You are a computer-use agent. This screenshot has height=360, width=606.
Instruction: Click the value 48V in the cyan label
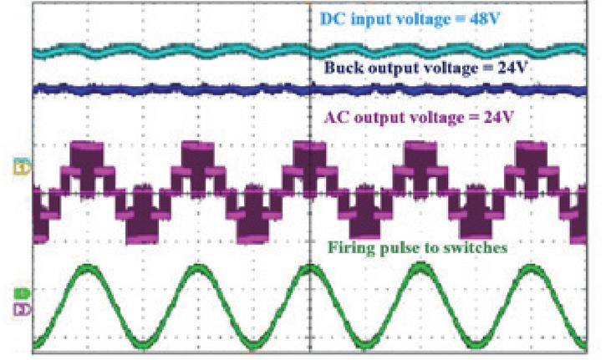(485, 18)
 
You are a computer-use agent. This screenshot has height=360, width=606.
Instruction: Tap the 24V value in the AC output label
(499, 117)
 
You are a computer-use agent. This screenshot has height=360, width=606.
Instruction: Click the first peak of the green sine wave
(88, 268)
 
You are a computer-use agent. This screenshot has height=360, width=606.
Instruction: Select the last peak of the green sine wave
(530, 268)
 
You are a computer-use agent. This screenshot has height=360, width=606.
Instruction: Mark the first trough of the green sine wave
(143, 343)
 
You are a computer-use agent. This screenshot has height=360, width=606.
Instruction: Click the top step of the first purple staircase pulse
(87, 145)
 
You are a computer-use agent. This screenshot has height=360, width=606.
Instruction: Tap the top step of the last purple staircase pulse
(532, 145)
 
